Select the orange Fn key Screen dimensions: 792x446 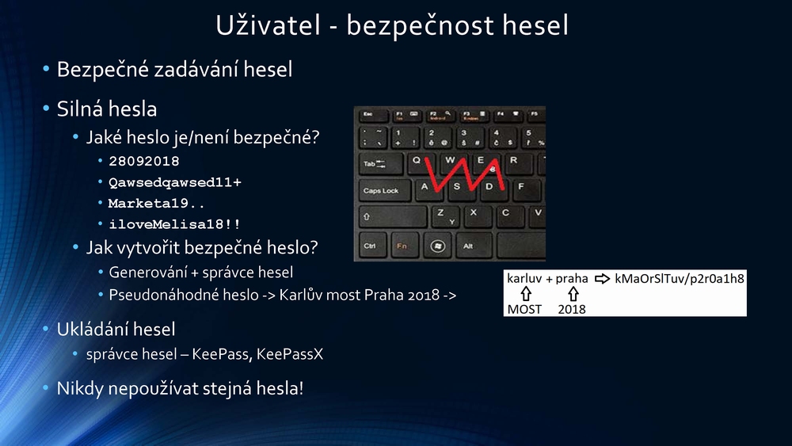click(x=404, y=246)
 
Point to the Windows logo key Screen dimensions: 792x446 click(x=437, y=246)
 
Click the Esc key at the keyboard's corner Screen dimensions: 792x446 click(x=373, y=115)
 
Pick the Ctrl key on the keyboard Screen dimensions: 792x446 click(x=372, y=246)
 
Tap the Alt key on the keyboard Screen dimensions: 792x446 click(x=473, y=246)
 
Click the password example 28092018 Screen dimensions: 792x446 click(x=144, y=161)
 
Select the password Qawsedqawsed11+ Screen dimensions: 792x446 click(x=175, y=182)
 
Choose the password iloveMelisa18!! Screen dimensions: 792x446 click(x=175, y=223)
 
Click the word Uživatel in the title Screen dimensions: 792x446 click(x=268, y=25)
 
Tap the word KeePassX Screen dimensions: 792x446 click(x=289, y=353)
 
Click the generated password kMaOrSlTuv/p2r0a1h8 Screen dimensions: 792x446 click(x=680, y=279)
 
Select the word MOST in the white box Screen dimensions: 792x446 click(x=524, y=309)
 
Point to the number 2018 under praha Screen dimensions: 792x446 click(x=572, y=309)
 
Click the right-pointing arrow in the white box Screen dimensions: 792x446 click(x=602, y=278)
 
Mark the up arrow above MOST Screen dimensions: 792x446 click(x=526, y=294)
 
